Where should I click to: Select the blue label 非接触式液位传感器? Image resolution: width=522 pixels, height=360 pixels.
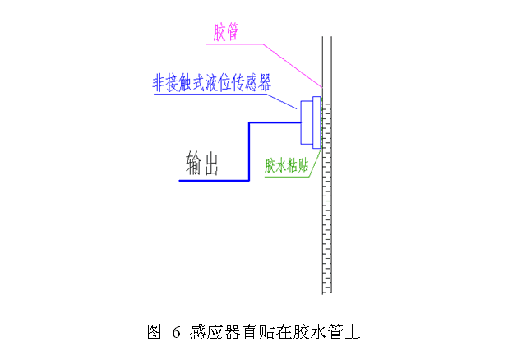click(x=212, y=83)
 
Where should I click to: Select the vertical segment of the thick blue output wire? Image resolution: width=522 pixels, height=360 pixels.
click(x=248, y=152)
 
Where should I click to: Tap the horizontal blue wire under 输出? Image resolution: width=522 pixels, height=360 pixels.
click(x=214, y=179)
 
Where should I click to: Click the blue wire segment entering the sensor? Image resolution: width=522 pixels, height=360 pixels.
click(x=275, y=124)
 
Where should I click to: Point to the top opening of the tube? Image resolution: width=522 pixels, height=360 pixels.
click(x=326, y=37)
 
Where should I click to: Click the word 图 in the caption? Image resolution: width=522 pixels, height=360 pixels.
click(x=154, y=332)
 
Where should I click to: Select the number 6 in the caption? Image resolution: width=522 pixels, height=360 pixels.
click(x=175, y=333)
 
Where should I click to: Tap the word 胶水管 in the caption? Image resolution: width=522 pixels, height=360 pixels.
click(x=325, y=332)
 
